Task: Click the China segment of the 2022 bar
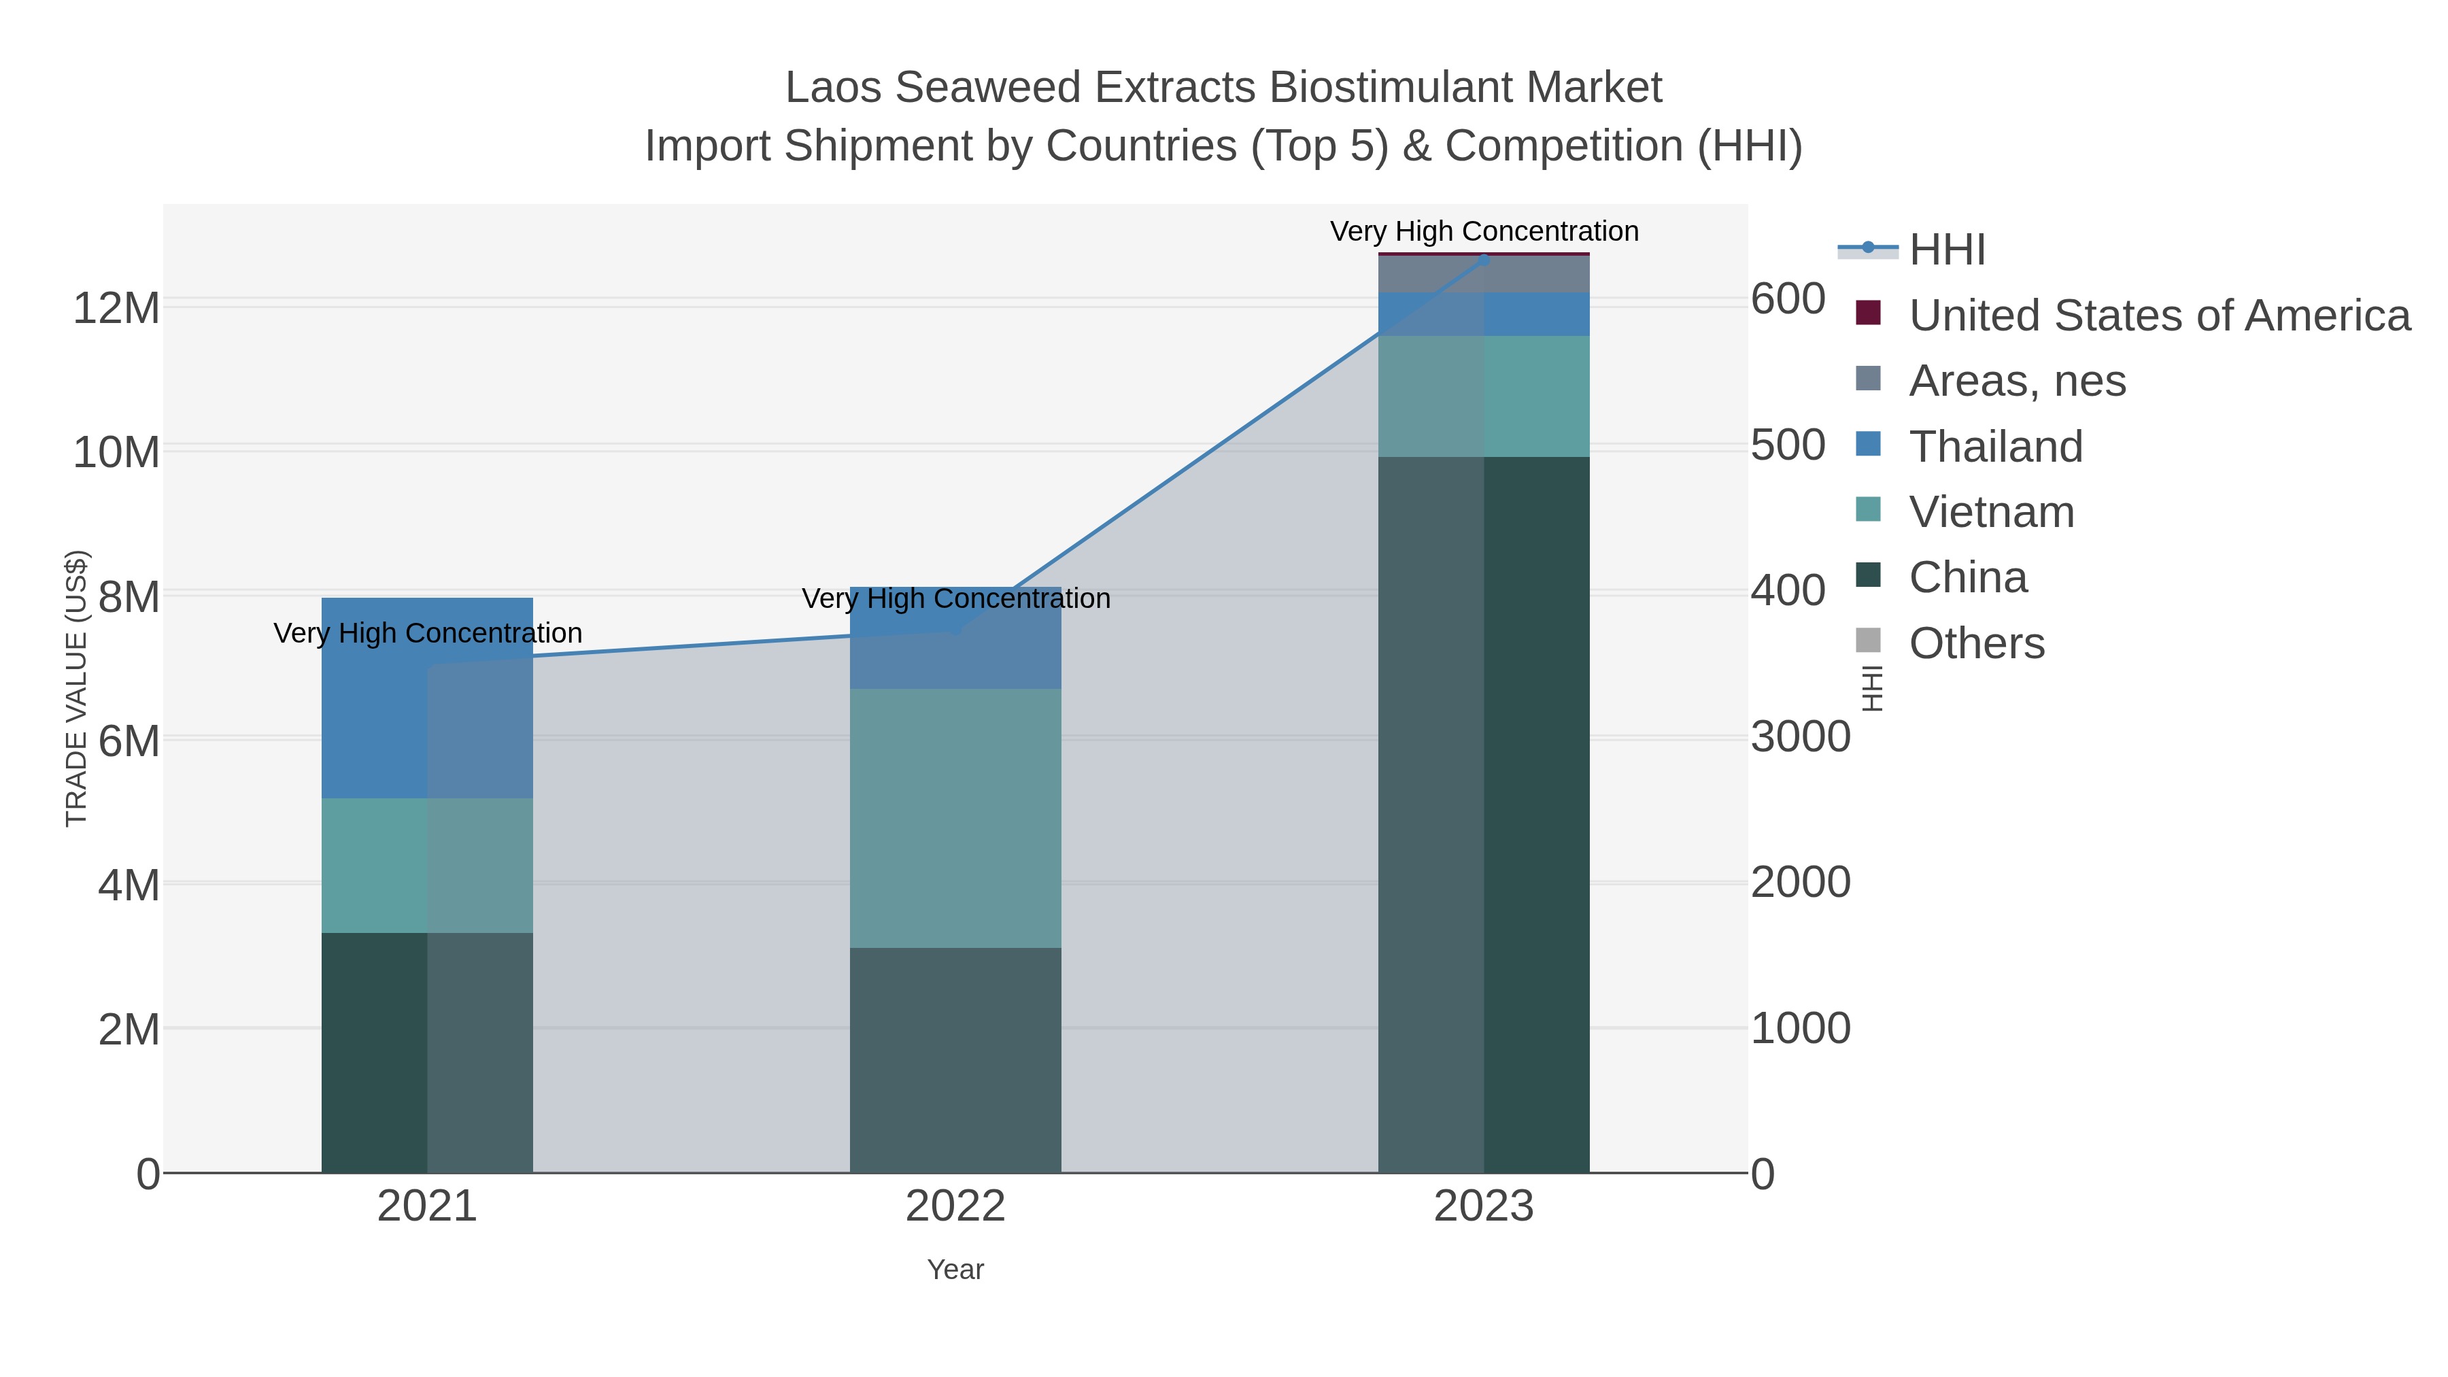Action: point(955,1059)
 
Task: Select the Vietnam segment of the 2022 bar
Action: point(955,817)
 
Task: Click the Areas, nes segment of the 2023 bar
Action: point(1484,273)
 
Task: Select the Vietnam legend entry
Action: point(1991,512)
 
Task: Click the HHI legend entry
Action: point(1946,250)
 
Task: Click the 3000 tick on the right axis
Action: point(1800,737)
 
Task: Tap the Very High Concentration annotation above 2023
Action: point(1484,231)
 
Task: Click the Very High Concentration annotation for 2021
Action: point(428,633)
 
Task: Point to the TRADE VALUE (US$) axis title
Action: point(76,688)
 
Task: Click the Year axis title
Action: point(955,1270)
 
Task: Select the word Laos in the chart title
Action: point(834,88)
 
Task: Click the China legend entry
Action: point(1967,578)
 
